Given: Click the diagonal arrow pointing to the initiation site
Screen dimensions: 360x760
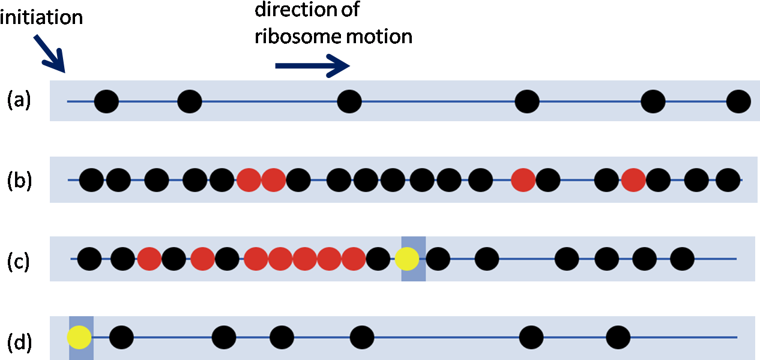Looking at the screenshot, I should [48, 53].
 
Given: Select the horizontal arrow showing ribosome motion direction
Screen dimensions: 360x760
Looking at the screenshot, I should [312, 65].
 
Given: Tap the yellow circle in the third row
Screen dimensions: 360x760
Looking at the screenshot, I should [407, 259].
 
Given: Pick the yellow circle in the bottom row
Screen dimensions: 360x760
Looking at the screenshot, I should [79, 338].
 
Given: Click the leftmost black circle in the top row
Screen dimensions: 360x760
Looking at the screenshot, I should [106, 101].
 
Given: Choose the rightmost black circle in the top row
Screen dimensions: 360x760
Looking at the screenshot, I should [738, 101].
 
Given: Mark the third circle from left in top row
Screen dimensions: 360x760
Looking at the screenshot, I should [349, 101].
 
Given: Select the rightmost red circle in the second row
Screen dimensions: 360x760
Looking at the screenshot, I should [633, 180].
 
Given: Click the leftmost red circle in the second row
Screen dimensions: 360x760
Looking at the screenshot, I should [249, 180].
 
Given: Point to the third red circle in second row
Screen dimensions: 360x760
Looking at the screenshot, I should [523, 180].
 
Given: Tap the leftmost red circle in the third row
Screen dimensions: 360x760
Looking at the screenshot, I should [149, 259].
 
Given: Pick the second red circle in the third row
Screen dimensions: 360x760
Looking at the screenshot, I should [203, 259].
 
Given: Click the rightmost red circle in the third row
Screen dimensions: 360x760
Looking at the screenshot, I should [354, 259].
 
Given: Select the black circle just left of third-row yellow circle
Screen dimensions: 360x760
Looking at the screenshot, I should [378, 259].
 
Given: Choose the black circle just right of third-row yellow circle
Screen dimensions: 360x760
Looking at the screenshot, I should [438, 259].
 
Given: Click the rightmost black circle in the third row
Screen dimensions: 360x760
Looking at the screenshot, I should [682, 259].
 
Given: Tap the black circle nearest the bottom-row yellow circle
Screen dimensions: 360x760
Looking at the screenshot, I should [121, 338].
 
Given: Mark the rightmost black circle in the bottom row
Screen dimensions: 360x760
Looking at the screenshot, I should [618, 338].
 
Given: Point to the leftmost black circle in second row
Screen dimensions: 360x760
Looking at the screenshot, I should [92, 180].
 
